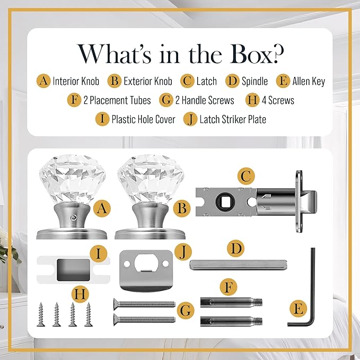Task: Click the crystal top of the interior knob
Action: pyautogui.click(x=72, y=179)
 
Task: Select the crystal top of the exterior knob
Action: pyautogui.click(x=151, y=179)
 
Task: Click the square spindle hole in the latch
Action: pyautogui.click(x=225, y=202)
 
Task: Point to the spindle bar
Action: pyautogui.click(x=238, y=265)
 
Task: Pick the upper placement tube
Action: pyautogui.click(x=231, y=302)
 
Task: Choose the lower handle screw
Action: pyautogui.click(x=144, y=320)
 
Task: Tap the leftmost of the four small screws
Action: pyautogui.click(x=41, y=314)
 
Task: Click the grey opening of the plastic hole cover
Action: pyautogui.click(x=73, y=270)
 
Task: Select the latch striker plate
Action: pyautogui.click(x=146, y=271)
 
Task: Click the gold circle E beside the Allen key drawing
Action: pyautogui.click(x=298, y=309)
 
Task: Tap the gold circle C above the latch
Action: pyautogui.click(x=246, y=177)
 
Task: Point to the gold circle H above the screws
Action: pyautogui.click(x=80, y=294)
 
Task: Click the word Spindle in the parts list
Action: pyautogui.click(x=254, y=81)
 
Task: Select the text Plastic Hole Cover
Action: pyautogui.click(x=143, y=119)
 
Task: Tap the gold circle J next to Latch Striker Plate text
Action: pyautogui.click(x=190, y=119)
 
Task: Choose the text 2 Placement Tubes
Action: pyautogui.click(x=117, y=100)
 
